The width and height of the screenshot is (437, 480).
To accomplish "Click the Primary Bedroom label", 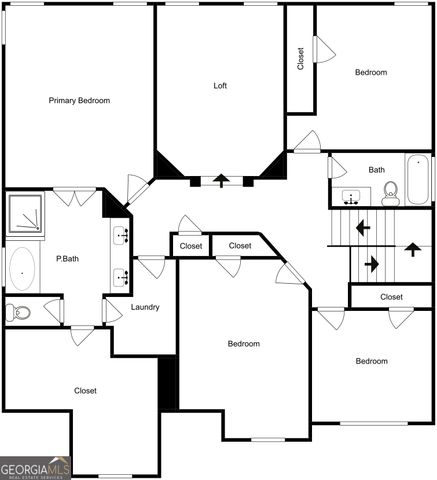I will coord(80,100).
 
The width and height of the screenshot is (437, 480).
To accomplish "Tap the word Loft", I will coord(220,85).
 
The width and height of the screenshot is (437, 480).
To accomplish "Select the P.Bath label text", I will coord(67,259).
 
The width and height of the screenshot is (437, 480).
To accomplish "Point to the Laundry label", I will coord(145,307).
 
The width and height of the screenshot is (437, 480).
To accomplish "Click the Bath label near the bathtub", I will coord(376,170).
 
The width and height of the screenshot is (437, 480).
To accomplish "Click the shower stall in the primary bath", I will coord(27,213).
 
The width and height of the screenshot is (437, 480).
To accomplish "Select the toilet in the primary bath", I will coord(18,312).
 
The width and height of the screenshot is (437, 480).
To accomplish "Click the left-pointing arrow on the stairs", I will coord(362,228).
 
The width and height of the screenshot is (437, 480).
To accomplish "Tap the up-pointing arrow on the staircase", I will coord(411,248).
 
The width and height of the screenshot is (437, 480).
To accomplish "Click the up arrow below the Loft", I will coord(221,181).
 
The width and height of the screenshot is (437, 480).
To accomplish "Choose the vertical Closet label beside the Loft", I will coord(300,59).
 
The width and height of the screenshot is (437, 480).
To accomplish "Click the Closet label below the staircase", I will coord(391,297).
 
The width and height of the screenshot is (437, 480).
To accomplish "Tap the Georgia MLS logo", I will coord(35,468).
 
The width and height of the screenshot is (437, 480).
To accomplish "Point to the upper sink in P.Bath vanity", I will coord(121,236).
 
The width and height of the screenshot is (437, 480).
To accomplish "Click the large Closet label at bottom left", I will coord(85,391).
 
